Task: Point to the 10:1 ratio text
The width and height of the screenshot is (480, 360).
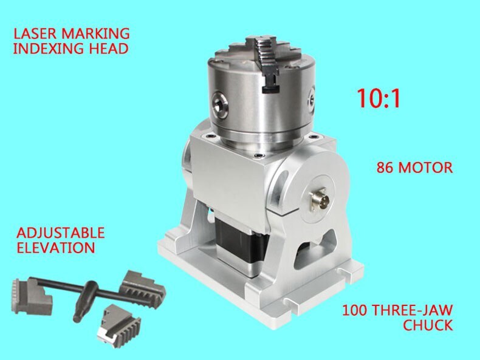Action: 378,98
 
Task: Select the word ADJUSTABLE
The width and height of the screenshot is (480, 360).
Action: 60,233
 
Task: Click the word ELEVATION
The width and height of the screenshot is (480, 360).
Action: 55,248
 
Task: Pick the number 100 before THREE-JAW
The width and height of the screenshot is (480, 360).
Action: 355,310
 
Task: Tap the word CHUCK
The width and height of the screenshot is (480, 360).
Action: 428,325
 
